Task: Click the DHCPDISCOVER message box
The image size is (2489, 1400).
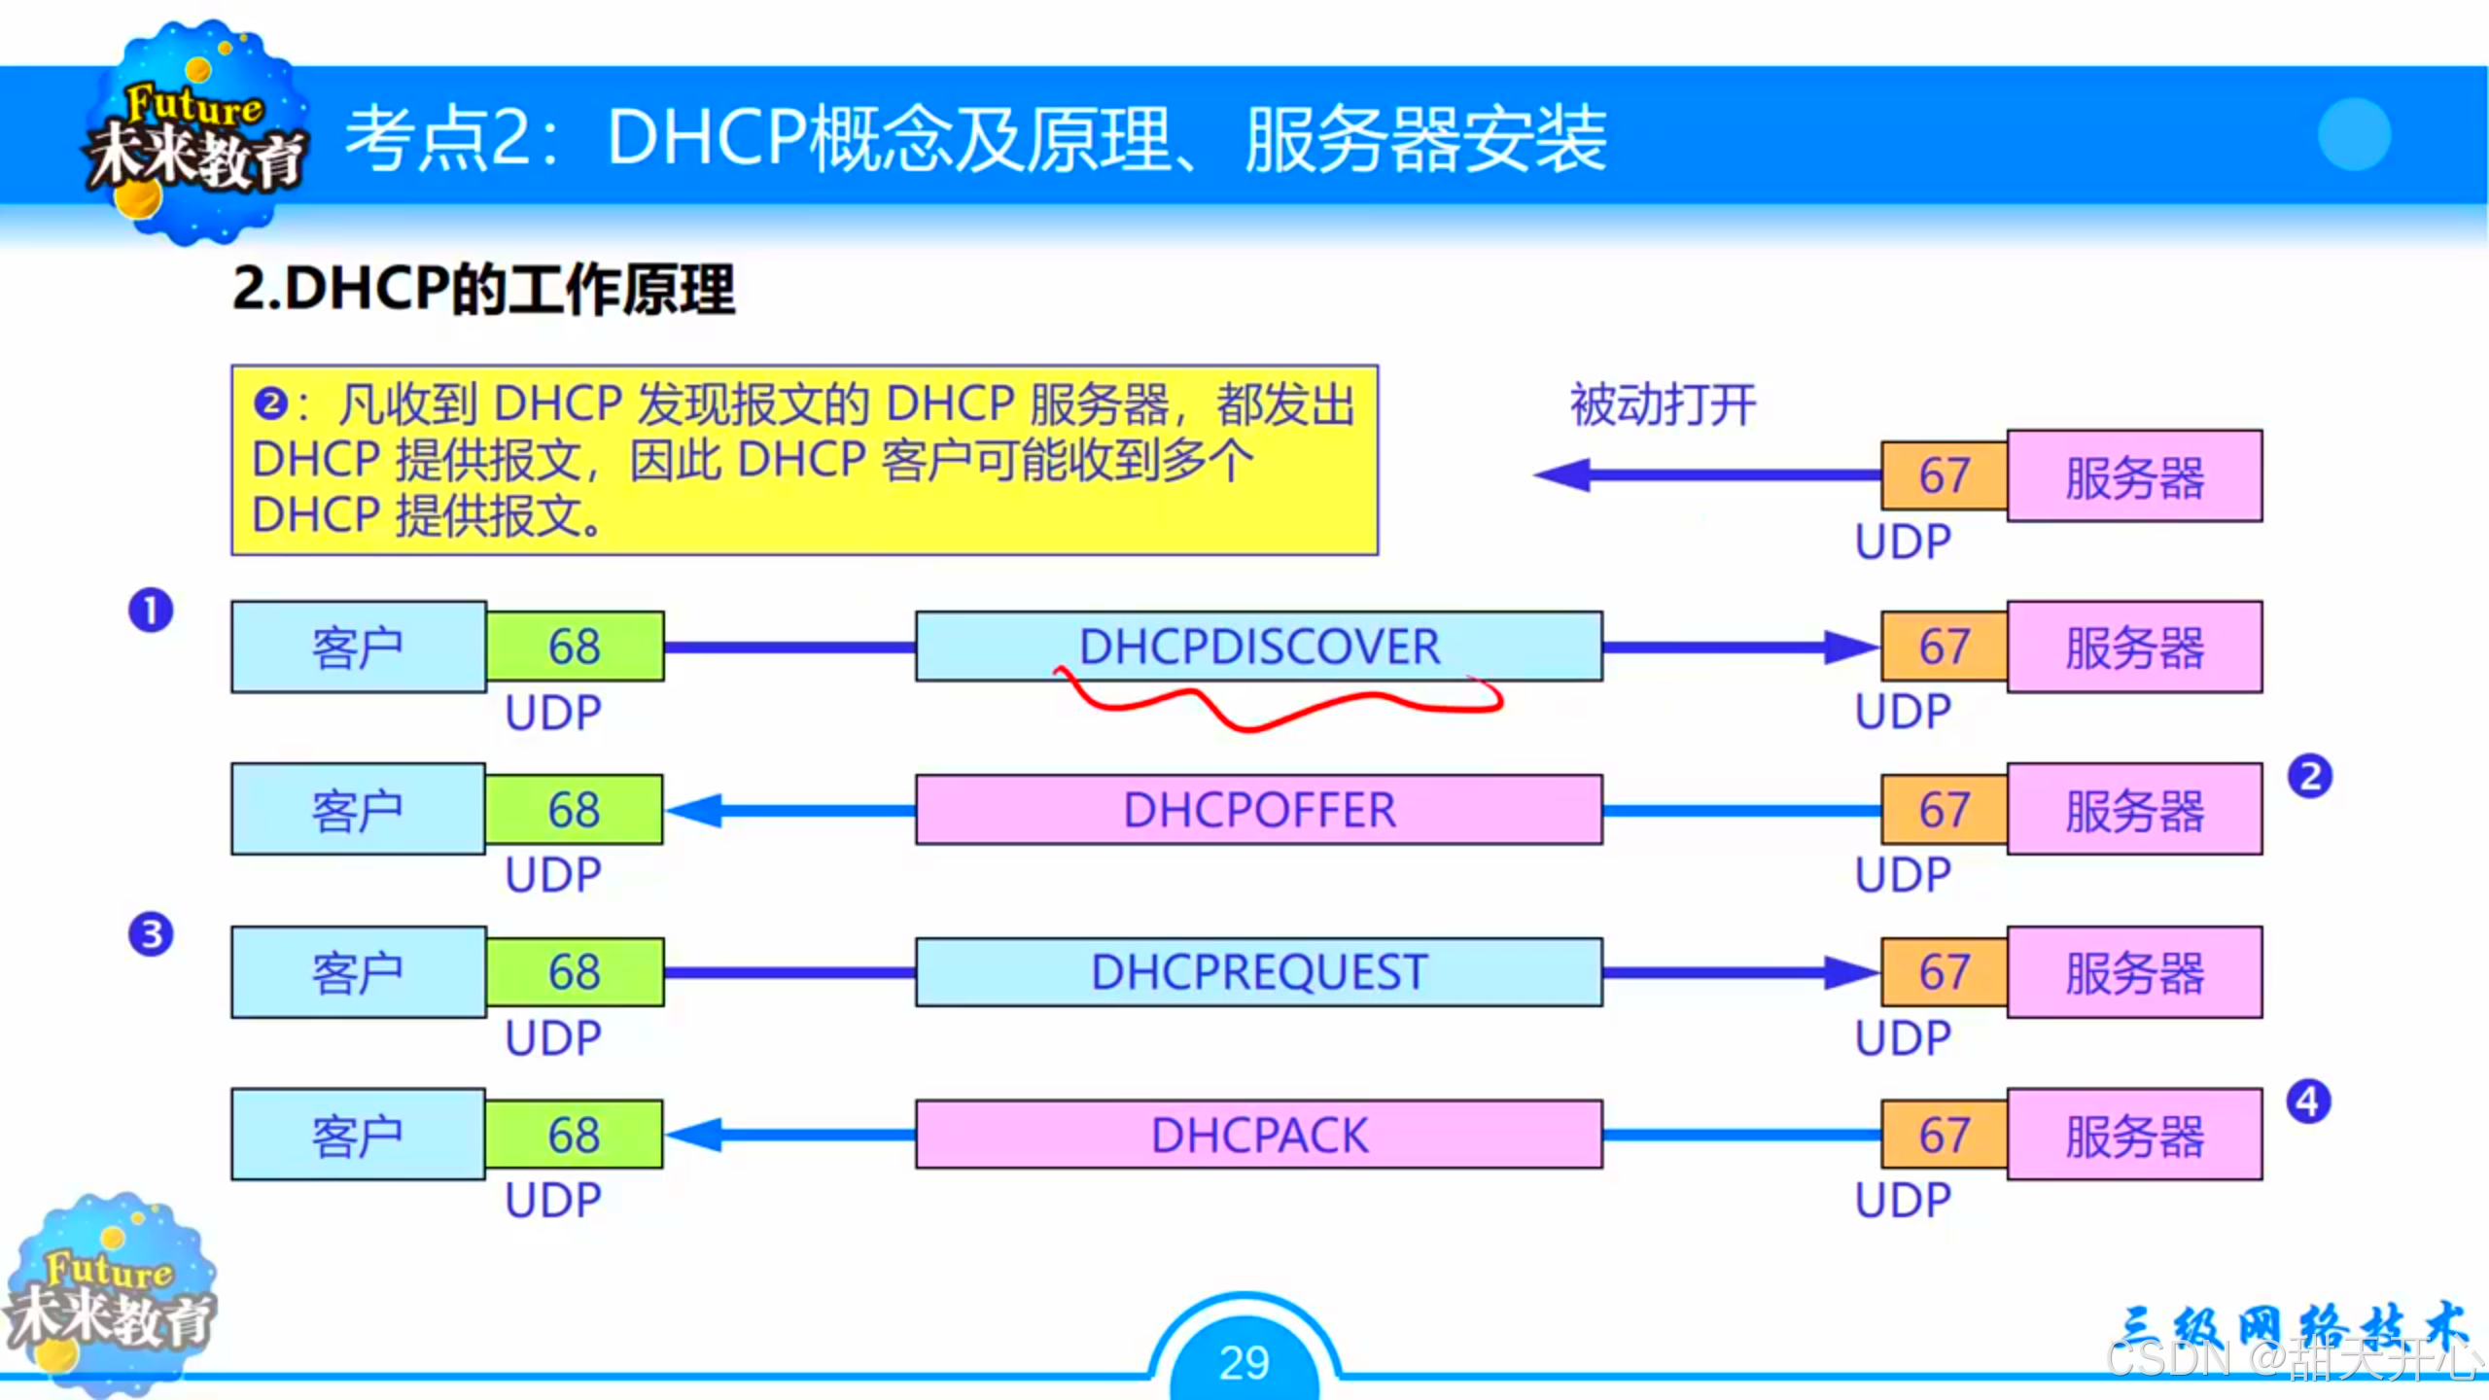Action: [1258, 647]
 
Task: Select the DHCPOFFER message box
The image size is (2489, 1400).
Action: [1258, 810]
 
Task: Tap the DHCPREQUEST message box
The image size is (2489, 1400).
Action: [1258, 972]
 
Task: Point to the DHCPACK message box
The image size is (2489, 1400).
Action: [1258, 1135]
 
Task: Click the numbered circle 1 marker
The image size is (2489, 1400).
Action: [151, 611]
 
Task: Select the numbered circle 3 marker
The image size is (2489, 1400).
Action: [151, 934]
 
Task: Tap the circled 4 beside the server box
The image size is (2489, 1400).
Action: [2308, 1102]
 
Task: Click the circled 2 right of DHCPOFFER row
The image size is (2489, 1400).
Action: [2310, 777]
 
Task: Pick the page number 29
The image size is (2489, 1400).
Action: [1244, 1361]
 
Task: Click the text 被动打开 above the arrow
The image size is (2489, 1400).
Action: [1663, 404]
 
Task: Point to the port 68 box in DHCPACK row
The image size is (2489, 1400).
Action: [574, 1135]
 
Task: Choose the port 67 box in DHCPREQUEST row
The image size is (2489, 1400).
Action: [1944, 972]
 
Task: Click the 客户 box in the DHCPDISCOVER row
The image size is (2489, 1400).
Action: [358, 647]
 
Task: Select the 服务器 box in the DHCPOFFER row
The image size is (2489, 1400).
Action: [2134, 810]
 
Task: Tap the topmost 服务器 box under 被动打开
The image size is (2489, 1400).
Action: [2134, 476]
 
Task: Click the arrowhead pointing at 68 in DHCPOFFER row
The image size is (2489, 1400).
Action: [694, 810]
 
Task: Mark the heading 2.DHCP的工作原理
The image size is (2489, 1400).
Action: [483, 290]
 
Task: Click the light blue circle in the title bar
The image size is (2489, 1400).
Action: [2354, 134]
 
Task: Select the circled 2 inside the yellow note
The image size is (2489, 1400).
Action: [270, 403]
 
